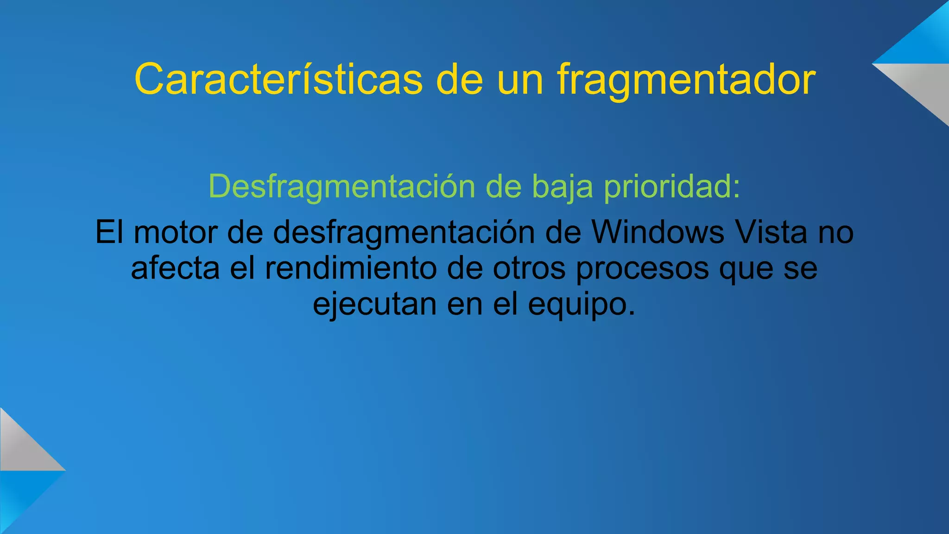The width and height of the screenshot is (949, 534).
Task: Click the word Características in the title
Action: click(x=278, y=79)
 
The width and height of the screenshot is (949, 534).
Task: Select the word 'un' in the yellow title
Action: click(x=520, y=79)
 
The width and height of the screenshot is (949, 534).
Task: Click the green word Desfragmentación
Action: click(x=342, y=186)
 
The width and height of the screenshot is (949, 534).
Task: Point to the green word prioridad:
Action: click(x=672, y=186)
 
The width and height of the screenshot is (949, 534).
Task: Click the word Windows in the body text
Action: click(x=658, y=232)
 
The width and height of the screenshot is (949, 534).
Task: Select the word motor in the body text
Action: click(x=176, y=232)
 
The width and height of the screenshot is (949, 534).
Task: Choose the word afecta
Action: click(x=175, y=268)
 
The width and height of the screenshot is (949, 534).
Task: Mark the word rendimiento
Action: click(x=351, y=268)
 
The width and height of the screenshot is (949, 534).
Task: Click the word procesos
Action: click(x=642, y=268)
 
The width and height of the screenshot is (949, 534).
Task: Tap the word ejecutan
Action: click(x=374, y=304)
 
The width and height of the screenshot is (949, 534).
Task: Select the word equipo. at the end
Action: click(x=582, y=304)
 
